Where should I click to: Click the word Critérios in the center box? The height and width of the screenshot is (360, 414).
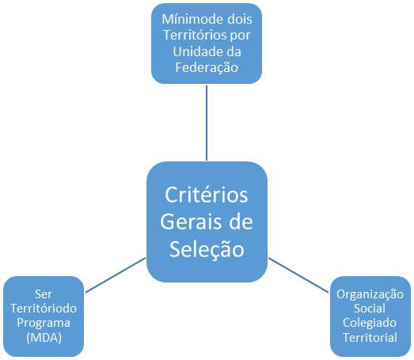pos(207,195)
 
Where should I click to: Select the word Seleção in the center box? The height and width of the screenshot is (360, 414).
pos(207,249)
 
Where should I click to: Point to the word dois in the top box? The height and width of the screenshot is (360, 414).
pos(240,19)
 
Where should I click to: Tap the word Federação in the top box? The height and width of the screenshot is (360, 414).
pos(207,67)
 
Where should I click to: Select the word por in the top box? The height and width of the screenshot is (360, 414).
pos(240,36)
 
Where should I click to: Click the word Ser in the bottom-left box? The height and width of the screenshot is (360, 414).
pos(44,294)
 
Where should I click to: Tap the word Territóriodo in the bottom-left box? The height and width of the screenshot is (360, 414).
pos(44,309)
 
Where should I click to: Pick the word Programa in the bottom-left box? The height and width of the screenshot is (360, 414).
pos(44,324)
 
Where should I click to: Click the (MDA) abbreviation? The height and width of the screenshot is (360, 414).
pos(44,338)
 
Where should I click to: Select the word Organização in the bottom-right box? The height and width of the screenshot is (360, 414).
pos(370,294)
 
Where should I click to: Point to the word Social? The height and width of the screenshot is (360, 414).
pos(370,309)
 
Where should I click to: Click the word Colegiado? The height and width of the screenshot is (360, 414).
pos(370,324)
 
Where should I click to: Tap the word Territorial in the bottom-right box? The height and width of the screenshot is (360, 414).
pos(370,338)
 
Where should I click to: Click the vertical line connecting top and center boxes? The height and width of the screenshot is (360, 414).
pos(207,123)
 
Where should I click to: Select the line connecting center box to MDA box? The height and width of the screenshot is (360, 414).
pos(116,275)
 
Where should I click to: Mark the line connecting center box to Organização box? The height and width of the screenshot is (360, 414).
pos(298,275)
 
